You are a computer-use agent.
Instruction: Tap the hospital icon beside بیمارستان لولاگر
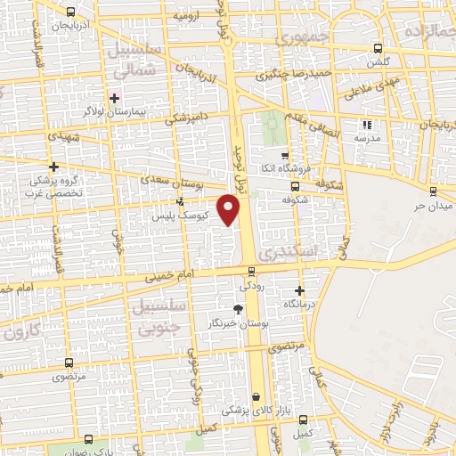114,96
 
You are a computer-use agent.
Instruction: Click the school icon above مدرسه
365,125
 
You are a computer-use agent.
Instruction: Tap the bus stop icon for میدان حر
433,191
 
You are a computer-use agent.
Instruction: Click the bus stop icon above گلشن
379,48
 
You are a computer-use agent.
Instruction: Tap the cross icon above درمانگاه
299,290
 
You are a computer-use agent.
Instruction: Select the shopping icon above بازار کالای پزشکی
256,397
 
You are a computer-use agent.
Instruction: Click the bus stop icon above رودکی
252,272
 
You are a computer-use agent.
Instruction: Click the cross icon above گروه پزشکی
54,166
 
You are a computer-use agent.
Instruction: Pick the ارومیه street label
185,16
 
